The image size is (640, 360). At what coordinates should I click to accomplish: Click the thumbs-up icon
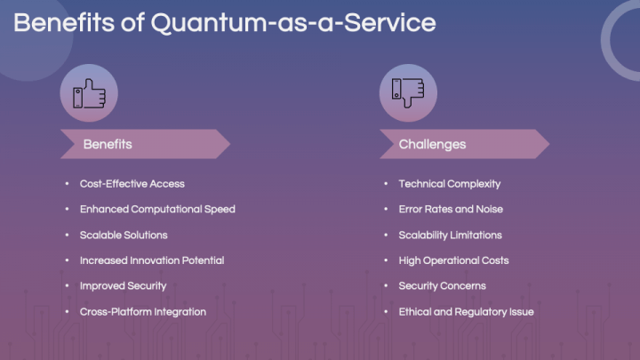point(88,92)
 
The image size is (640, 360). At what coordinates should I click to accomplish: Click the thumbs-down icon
point(408,92)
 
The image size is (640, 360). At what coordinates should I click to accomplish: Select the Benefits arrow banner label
point(108,144)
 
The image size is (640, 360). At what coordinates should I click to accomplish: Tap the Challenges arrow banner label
point(432,144)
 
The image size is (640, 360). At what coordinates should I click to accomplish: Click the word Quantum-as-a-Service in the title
point(293,23)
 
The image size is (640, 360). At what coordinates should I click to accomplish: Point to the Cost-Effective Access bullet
point(132,184)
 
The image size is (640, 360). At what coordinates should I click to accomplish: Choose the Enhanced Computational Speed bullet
point(157,210)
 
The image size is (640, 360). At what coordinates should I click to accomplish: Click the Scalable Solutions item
point(124,236)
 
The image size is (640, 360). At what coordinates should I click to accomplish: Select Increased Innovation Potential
point(151,260)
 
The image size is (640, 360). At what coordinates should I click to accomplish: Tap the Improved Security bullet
point(123,286)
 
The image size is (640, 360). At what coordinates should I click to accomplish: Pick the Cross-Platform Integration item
point(142,312)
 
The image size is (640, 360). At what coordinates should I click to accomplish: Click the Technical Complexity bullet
point(449,184)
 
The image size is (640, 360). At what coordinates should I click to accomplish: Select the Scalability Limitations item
point(450,236)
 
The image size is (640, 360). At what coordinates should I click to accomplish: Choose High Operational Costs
point(453,260)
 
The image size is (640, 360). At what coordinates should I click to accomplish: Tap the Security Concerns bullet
point(442,286)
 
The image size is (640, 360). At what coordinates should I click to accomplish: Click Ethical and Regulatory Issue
point(466,312)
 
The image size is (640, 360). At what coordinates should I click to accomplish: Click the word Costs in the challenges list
point(493,260)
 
